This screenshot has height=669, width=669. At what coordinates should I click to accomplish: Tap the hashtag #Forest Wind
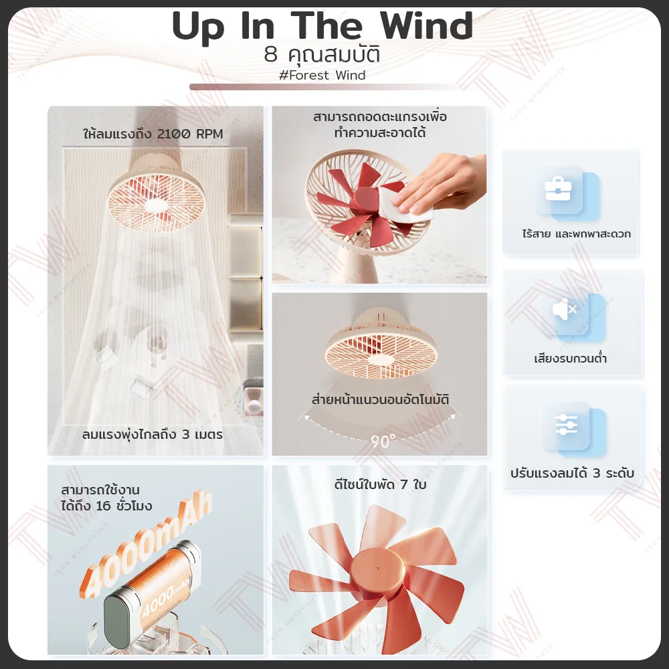(322, 75)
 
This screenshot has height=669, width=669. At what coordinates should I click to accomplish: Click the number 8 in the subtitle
(270, 55)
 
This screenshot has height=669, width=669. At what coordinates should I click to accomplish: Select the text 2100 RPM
(190, 134)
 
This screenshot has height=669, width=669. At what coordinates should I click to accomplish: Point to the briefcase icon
(558, 189)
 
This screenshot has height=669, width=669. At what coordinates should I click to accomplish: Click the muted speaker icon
(565, 309)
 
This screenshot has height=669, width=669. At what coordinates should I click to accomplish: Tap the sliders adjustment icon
(566, 425)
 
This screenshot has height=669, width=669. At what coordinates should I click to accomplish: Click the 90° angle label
(383, 441)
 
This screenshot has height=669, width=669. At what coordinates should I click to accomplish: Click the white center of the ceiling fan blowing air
(156, 206)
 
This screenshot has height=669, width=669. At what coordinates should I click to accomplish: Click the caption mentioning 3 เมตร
(153, 435)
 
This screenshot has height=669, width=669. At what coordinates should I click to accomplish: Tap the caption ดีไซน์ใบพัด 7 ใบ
(380, 484)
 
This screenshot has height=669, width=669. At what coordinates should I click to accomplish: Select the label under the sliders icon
(572, 473)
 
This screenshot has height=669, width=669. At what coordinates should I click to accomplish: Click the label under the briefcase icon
(577, 233)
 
